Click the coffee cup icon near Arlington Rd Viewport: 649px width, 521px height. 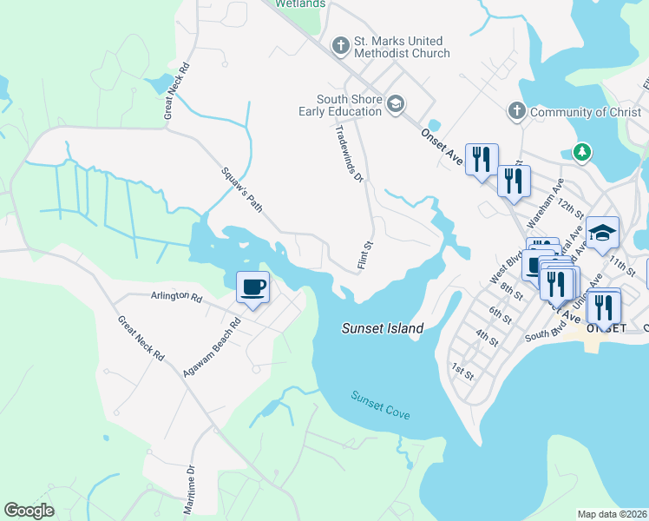(x=252, y=287)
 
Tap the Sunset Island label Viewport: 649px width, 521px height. (x=383, y=329)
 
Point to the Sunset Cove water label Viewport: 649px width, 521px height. (x=380, y=406)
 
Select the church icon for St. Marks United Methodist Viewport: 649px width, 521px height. (x=340, y=43)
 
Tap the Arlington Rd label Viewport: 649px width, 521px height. (x=176, y=297)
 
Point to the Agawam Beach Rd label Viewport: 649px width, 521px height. (x=212, y=346)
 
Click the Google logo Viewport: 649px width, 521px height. (x=29, y=511)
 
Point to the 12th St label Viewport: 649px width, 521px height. (x=573, y=208)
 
